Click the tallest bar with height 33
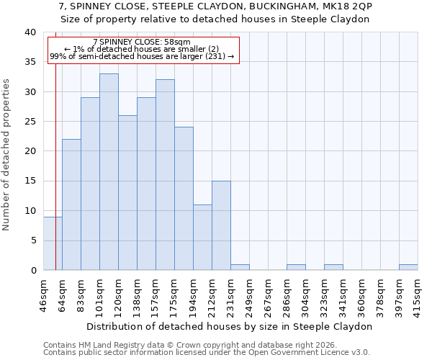pyautogui.click(x=109, y=171)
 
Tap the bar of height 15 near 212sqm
pyautogui.click(x=221, y=225)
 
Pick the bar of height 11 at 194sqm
pyautogui.click(x=202, y=237)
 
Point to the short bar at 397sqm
pyautogui.click(x=408, y=267)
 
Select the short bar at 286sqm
pyautogui.click(x=296, y=267)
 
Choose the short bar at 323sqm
pyautogui.click(x=333, y=267)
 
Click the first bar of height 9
pyautogui.click(x=53, y=243)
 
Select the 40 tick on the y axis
pyautogui.click(x=30, y=32)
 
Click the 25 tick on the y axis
pyautogui.click(x=30, y=122)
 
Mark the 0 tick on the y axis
pyautogui.click(x=32, y=270)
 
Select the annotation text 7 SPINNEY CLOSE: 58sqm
pyautogui.click(x=142, y=42)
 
